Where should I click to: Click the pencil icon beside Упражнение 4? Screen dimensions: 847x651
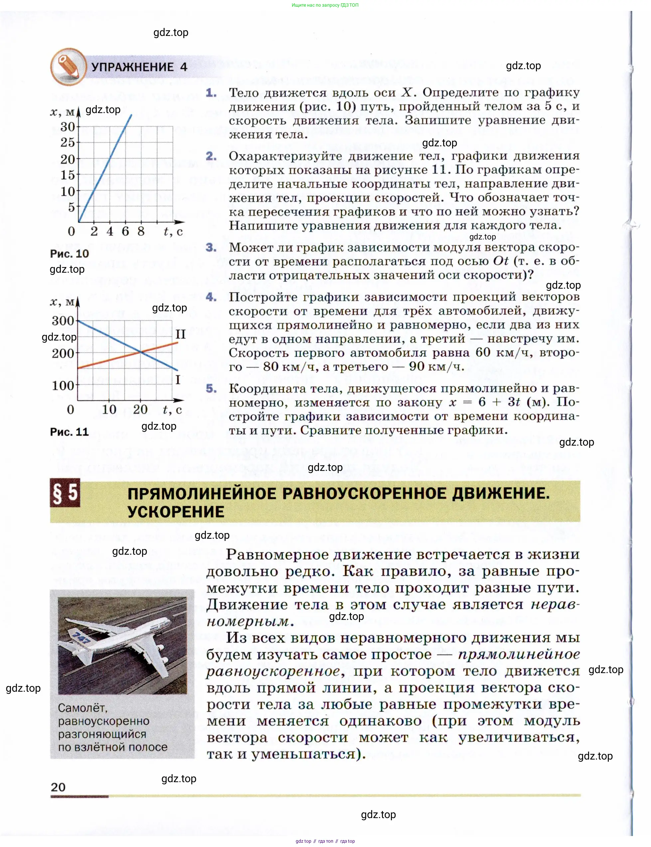coord(68,67)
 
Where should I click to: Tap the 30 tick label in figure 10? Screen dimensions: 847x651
coord(68,127)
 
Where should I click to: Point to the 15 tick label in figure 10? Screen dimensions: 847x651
coord(68,175)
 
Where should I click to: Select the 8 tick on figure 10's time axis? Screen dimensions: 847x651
coord(141,231)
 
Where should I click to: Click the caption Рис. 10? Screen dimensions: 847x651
coord(70,254)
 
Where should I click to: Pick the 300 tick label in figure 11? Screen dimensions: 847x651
coord(63,321)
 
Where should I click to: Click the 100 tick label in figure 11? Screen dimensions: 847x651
coord(63,385)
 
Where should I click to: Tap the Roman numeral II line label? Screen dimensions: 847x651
coord(180,334)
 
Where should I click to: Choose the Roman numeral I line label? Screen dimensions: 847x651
coord(178,379)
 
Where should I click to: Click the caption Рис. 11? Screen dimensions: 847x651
coord(70,432)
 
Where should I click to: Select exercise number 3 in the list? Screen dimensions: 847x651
coord(211,247)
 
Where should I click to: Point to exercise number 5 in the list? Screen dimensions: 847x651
coord(211,388)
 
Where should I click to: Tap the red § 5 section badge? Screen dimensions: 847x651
coord(65,493)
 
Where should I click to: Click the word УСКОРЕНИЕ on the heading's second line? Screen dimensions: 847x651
coord(176,511)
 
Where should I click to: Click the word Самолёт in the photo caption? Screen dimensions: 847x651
coord(82,708)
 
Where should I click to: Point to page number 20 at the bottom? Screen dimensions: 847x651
coord(58,787)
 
